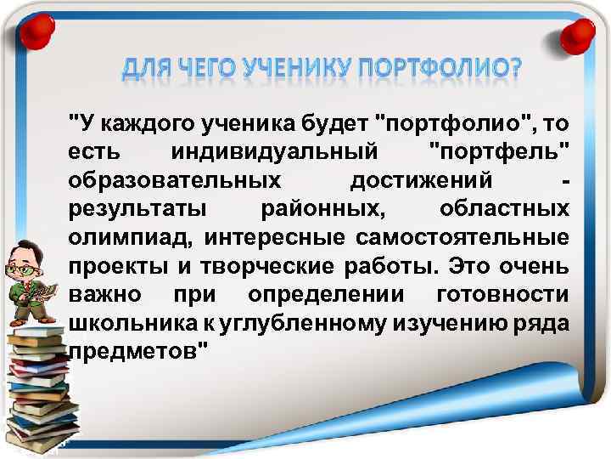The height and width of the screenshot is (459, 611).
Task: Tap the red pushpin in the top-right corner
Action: [579, 36]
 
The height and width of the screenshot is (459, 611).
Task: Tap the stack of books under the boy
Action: [38, 382]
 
